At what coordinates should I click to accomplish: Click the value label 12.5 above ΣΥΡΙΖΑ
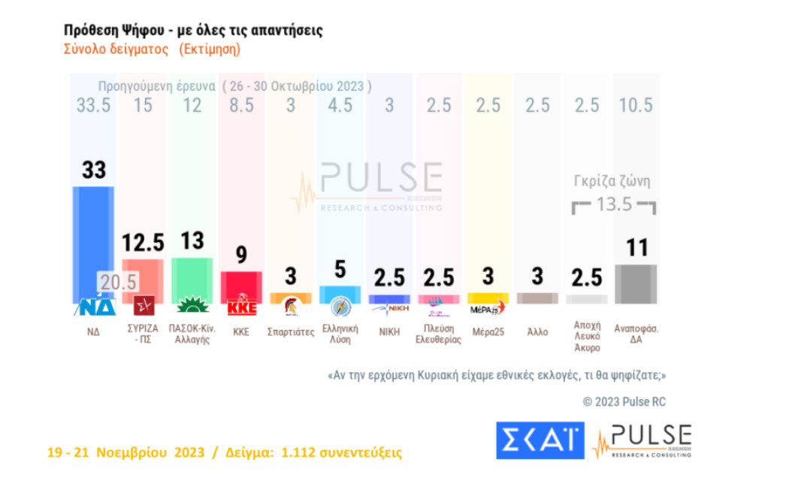click(142, 242)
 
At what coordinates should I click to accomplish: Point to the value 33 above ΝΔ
click(93, 170)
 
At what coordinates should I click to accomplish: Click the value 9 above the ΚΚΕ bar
click(241, 256)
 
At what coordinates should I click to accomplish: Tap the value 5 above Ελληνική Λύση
click(340, 268)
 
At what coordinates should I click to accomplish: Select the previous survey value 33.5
click(93, 105)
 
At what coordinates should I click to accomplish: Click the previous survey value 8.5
click(240, 105)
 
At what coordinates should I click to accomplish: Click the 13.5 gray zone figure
click(614, 204)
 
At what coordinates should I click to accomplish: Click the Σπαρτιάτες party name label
click(291, 331)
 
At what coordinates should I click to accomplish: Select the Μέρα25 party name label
click(488, 331)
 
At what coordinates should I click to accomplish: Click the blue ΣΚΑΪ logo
click(540, 440)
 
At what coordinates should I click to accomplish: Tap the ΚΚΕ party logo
click(240, 308)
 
